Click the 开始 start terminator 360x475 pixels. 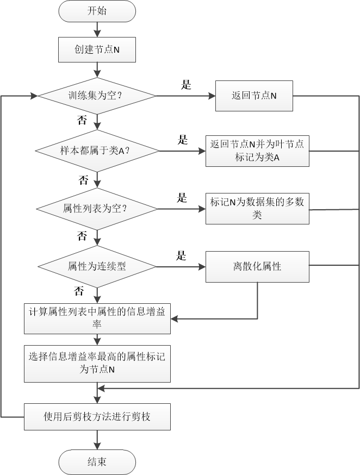pos(97,11)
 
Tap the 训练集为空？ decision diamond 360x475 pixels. pos(97,96)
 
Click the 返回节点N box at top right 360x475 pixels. pos(254,96)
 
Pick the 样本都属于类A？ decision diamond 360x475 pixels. pos(97,151)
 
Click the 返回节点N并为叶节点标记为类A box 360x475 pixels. pos(257,151)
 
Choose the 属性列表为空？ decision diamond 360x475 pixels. pos(97,209)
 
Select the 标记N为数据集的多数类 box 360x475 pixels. pos(257,209)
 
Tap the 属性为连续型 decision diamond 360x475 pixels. pos(97,266)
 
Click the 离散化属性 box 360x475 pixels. pos(257,266)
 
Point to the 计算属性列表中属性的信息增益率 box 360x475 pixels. pos(97,318)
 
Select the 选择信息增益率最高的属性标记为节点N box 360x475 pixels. pos(97,362)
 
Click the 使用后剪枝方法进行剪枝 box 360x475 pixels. pos(97,417)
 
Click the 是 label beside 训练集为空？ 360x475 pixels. pos(186,85)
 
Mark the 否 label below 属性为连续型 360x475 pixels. pos(79,291)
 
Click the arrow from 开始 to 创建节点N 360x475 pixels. pos(97,30)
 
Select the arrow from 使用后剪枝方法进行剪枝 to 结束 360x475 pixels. pos(97,441)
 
